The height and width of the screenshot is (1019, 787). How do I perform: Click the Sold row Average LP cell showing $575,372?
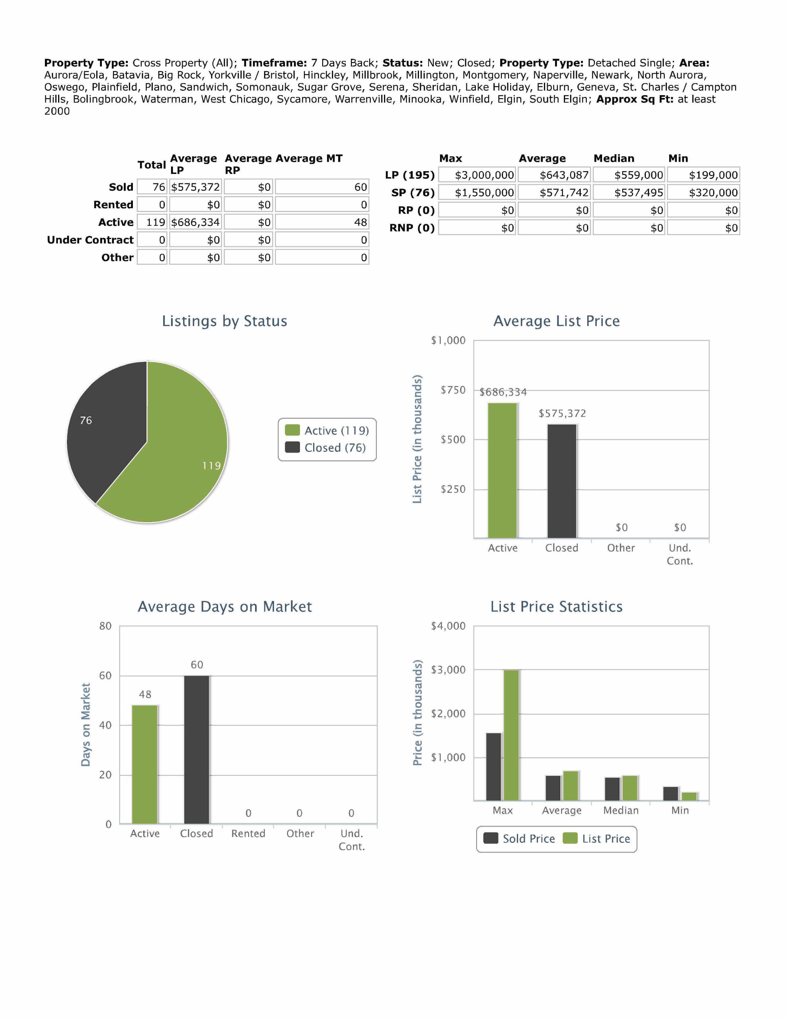coord(195,187)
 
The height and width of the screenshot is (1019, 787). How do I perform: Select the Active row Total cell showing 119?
coord(155,222)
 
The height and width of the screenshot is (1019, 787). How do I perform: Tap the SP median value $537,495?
coord(638,193)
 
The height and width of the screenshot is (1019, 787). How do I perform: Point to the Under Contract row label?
coord(90,240)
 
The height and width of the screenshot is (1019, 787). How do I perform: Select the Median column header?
coord(614,158)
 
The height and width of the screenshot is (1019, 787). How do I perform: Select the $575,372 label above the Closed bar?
coord(562,414)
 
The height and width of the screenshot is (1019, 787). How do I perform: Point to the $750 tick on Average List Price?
coord(453,390)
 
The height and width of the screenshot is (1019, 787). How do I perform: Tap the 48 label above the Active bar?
coord(145,695)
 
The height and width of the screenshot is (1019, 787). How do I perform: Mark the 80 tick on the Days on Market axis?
coord(105,626)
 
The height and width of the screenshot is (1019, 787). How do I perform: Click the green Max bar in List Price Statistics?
coord(511,735)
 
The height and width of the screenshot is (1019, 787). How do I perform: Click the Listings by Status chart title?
coord(224,321)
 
